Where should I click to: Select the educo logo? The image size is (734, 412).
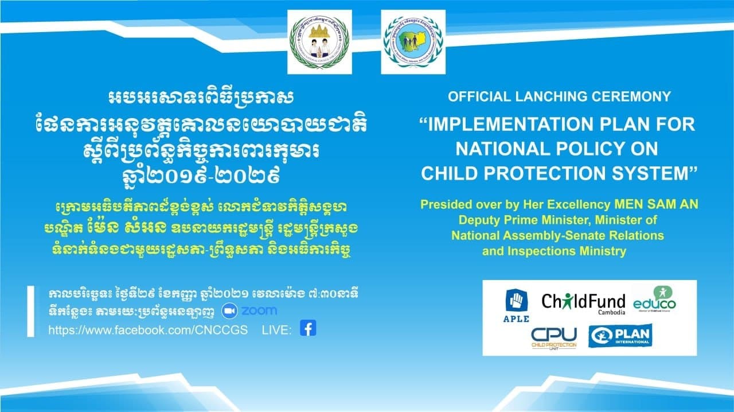[654, 300]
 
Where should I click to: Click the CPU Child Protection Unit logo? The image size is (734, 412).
[553, 337]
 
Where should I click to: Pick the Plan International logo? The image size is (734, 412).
[620, 336]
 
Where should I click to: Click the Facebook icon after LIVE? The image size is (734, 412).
[308, 329]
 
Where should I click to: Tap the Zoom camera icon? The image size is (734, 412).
[229, 310]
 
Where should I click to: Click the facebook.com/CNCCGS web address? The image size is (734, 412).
[148, 330]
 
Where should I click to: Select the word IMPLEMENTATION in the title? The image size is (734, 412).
[524, 124]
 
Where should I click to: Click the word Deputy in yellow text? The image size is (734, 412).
[478, 220]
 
